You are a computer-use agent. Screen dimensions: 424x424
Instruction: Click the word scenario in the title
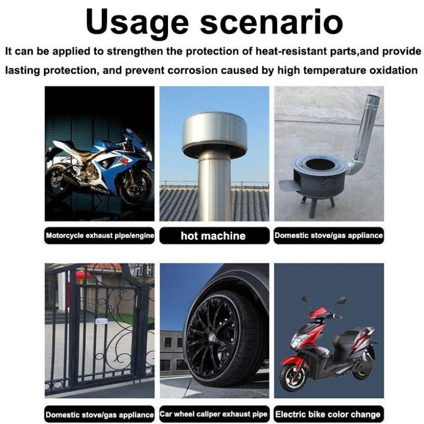click(272, 21)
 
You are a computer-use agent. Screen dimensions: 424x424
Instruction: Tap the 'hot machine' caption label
click(214, 236)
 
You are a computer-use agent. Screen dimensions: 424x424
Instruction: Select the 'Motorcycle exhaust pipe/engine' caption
click(100, 235)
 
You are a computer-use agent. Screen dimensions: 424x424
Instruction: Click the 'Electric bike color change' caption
click(328, 414)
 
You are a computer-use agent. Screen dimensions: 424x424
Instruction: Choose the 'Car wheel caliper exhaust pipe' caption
click(214, 414)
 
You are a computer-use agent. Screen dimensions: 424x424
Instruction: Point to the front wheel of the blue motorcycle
click(136, 186)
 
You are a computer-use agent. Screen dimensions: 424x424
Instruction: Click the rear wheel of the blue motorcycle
click(58, 181)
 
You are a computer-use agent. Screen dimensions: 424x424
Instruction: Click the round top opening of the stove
click(321, 164)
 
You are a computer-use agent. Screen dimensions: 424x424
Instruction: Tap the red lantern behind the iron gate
click(83, 276)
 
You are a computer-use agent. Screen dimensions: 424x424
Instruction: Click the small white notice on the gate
click(102, 321)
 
